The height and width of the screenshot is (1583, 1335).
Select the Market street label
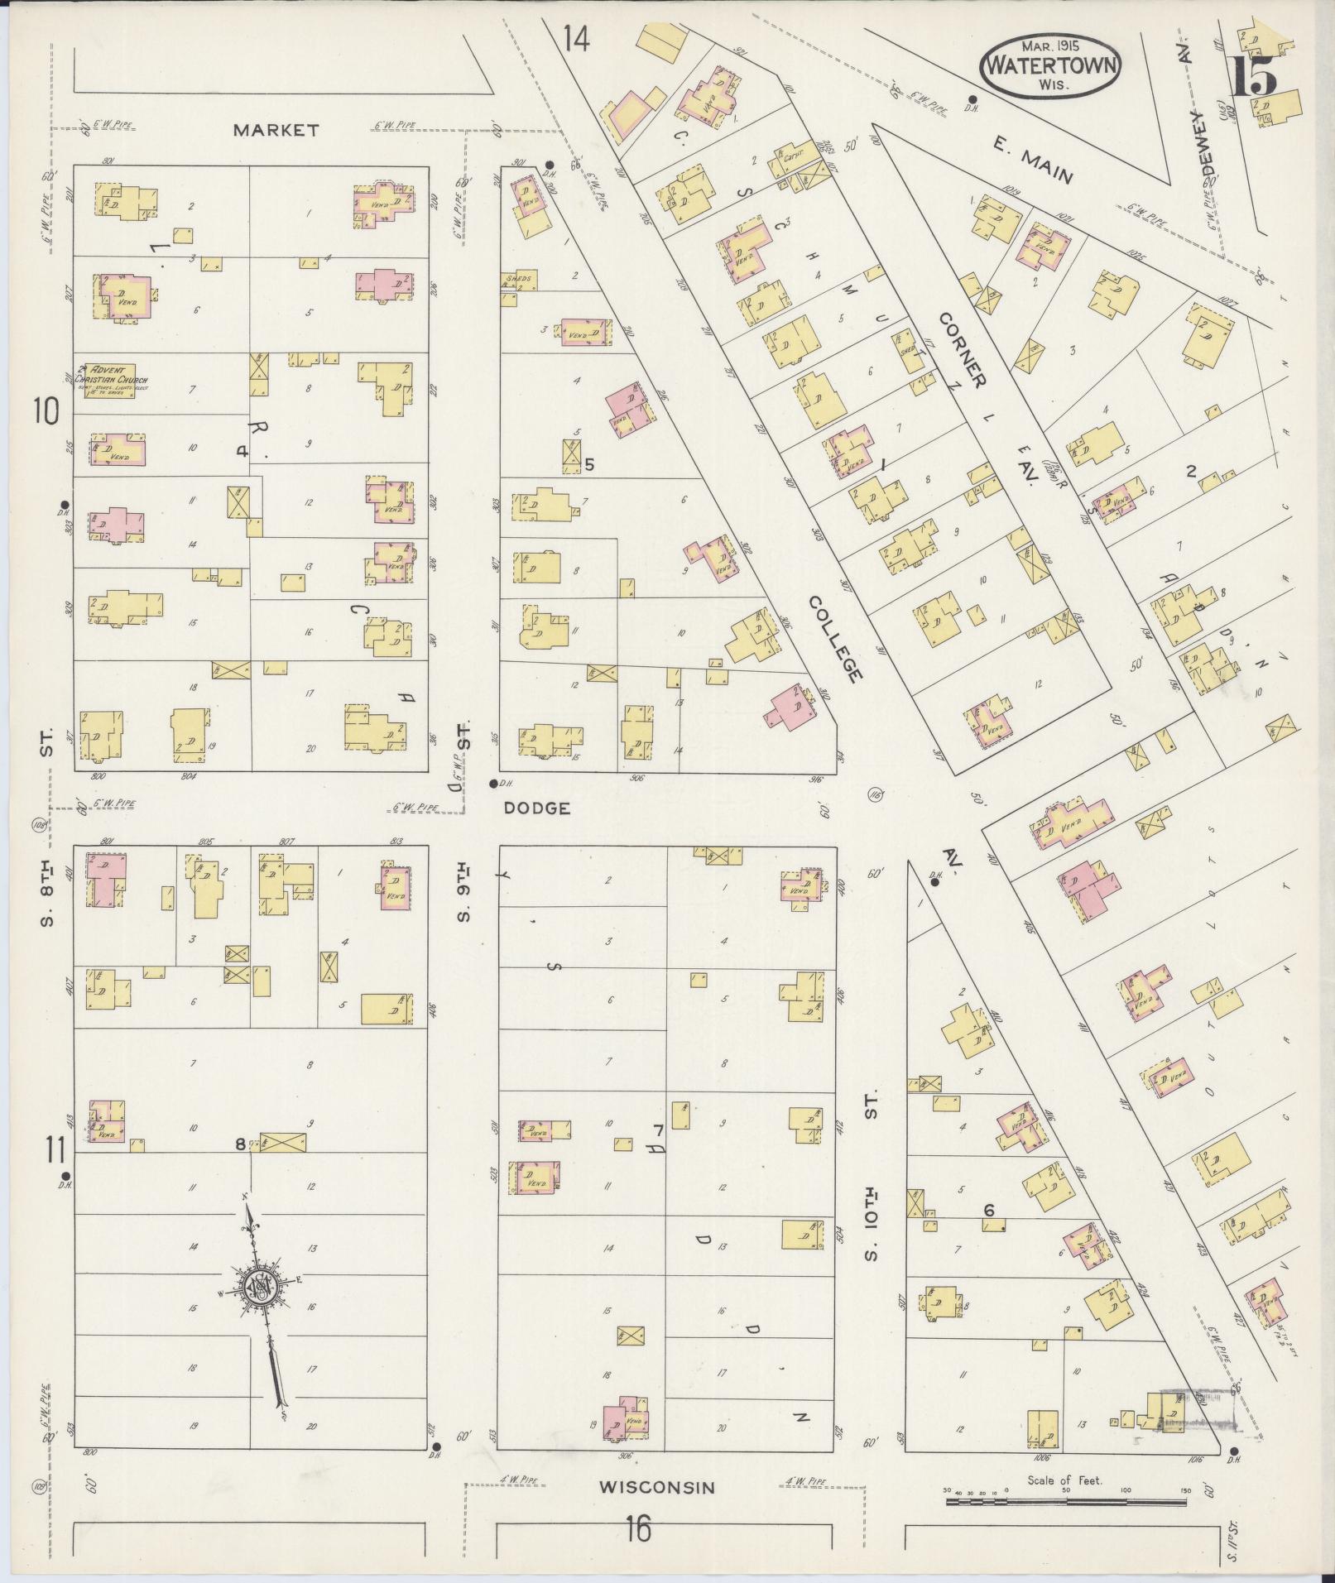(x=276, y=130)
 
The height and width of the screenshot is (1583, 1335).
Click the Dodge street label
(x=538, y=808)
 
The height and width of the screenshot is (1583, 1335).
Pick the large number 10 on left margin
(x=46, y=410)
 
